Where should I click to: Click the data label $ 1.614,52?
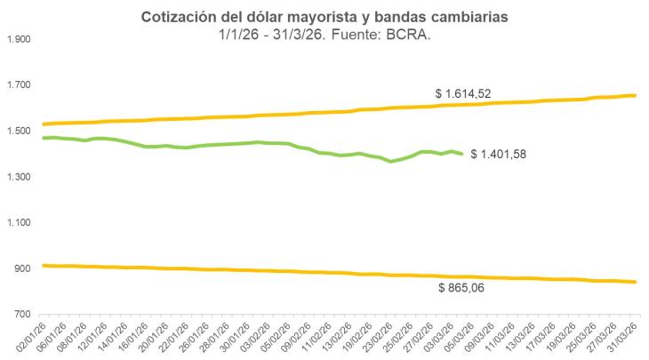tap(463, 92)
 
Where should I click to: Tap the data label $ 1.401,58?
tap(499, 156)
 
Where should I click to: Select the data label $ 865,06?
tap(467, 288)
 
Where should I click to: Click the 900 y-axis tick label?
tap(22, 268)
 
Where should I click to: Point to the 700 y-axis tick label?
tap(22, 315)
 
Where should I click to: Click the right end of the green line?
tap(461, 154)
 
